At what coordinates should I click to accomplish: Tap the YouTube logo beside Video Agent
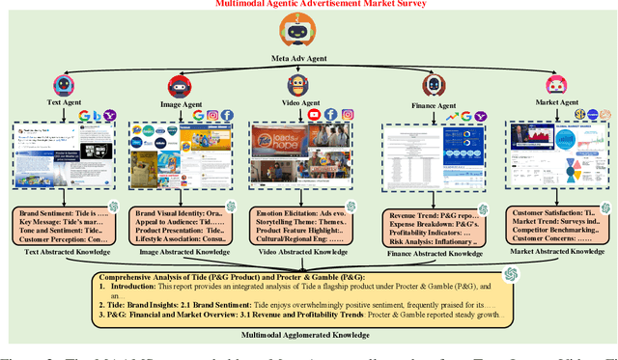pyautogui.click(x=314, y=114)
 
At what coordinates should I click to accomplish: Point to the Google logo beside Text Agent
pyautogui.click(x=85, y=114)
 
